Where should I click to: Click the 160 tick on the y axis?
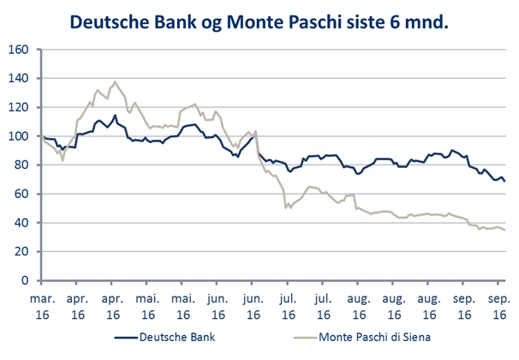click(21, 50)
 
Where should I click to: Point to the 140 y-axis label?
click(21, 79)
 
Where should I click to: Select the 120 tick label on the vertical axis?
click(21, 107)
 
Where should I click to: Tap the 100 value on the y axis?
click(21, 136)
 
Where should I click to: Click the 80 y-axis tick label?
click(24, 165)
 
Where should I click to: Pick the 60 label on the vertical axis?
click(24, 194)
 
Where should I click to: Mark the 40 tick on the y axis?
click(24, 223)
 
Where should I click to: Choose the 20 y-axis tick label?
click(24, 252)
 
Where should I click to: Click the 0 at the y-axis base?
click(27, 280)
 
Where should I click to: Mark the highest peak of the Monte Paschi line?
click(115, 82)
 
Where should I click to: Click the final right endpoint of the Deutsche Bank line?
click(503, 181)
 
